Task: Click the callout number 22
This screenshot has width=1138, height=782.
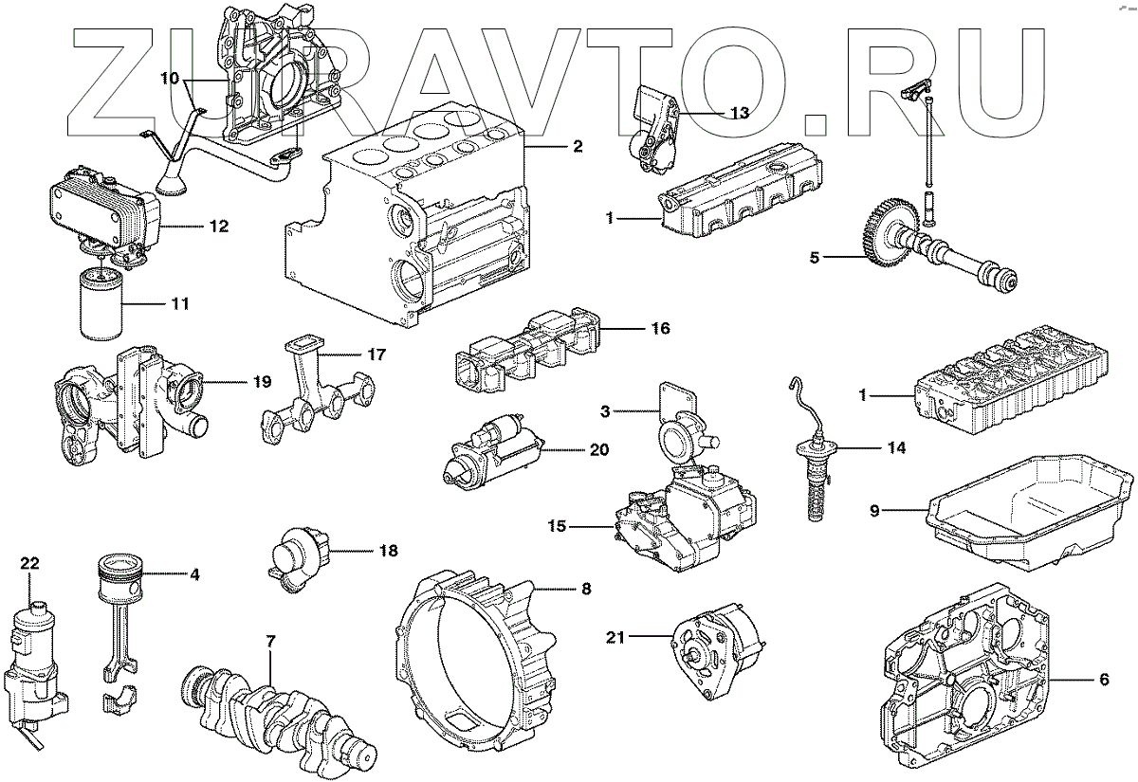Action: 29,563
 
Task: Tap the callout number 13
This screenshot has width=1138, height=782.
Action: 740,112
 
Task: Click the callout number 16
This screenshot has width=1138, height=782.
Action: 660,329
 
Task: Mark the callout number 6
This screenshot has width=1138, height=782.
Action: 1104,679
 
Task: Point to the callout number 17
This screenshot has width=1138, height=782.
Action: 376,355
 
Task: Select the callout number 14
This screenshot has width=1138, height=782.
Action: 896,447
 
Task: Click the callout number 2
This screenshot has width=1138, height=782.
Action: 577,147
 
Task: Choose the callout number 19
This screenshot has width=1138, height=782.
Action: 262,382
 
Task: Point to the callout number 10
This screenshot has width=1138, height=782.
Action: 170,79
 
